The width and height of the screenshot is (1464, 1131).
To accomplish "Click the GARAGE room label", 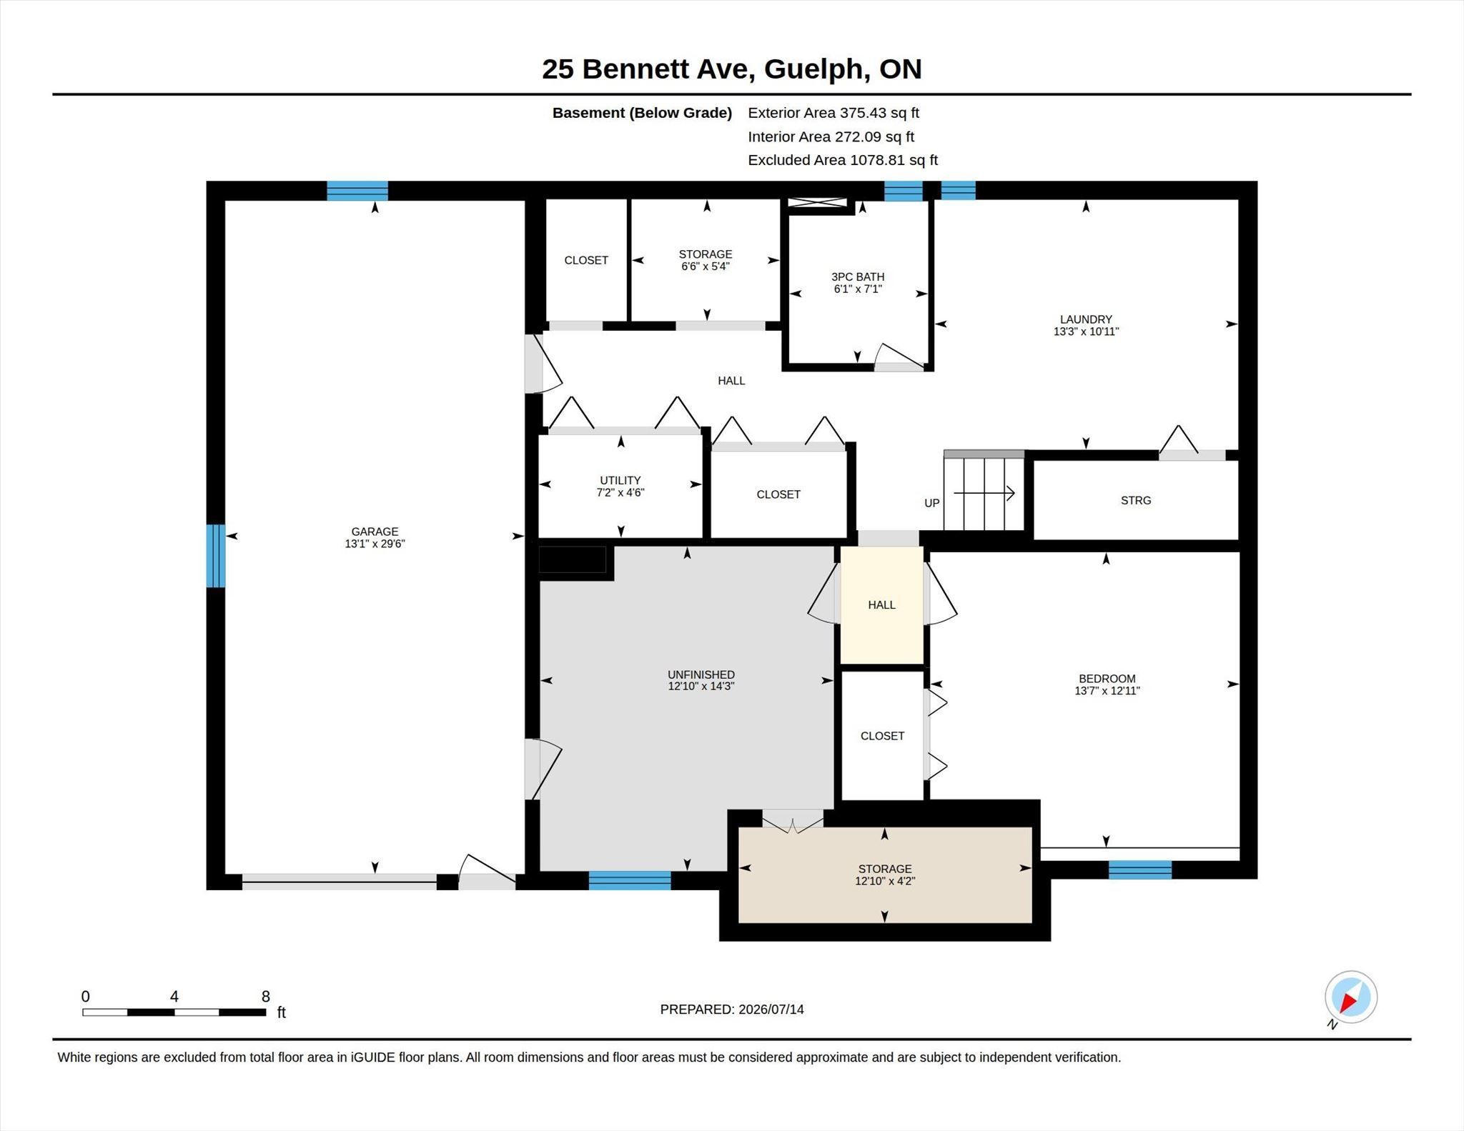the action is (375, 532).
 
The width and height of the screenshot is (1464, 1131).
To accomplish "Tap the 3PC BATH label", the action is (858, 276).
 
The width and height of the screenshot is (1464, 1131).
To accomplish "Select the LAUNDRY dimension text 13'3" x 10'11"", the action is (1086, 332).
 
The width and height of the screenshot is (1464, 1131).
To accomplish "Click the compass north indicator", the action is (1350, 997).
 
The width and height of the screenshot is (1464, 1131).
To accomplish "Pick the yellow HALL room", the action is (882, 605).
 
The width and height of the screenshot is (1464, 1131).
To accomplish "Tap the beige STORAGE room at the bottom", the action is (885, 875).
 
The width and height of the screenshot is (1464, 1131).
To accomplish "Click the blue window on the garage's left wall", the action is (216, 556).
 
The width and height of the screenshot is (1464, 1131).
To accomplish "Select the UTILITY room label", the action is (620, 480).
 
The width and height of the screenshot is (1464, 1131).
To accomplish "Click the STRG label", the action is (1136, 500).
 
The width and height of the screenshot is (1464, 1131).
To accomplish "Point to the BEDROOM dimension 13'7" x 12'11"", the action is (1107, 691).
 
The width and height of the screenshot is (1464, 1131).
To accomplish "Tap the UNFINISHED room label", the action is (701, 674).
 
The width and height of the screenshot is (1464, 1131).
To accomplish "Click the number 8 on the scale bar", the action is (266, 997).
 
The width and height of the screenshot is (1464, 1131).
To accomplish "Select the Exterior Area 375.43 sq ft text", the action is (834, 113).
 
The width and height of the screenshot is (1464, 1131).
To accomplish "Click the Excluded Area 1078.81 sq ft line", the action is (843, 160).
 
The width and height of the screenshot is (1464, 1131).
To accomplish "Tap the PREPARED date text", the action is (732, 1010).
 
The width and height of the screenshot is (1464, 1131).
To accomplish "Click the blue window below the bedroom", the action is (1140, 870).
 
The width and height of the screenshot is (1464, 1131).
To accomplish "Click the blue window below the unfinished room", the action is (630, 880).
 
